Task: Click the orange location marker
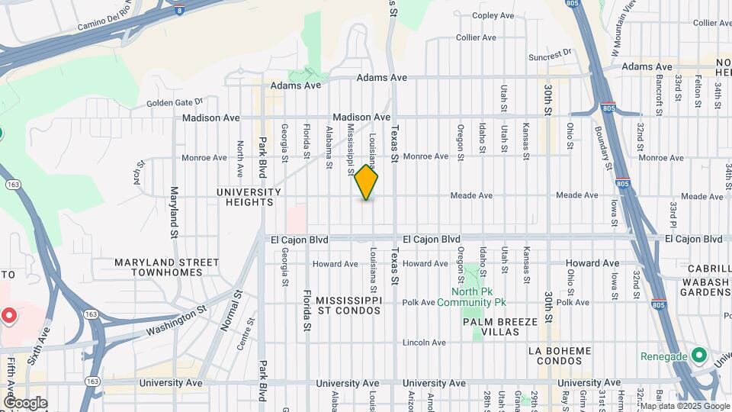(x=366, y=183)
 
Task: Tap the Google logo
(x=25, y=403)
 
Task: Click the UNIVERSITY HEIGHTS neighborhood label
(x=245, y=197)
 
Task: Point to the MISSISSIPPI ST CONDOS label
(x=348, y=305)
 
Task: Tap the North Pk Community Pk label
(x=478, y=297)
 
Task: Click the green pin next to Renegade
(x=698, y=356)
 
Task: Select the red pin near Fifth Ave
(x=9, y=315)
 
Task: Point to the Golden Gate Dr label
(x=175, y=101)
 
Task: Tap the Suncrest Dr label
(x=550, y=55)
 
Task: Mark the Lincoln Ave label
(x=423, y=342)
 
